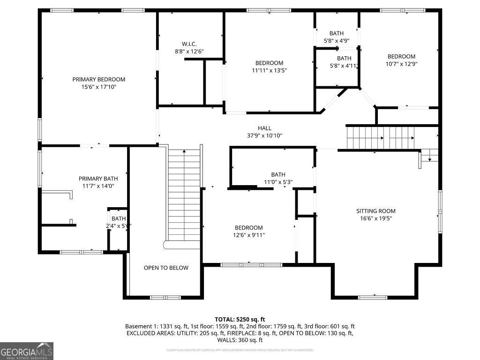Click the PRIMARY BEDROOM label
(98, 79)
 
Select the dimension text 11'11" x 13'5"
(269, 70)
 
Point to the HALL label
(264, 128)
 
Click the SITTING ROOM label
(376, 211)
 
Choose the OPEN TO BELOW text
(166, 268)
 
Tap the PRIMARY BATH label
(98, 179)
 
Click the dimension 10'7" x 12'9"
(401, 64)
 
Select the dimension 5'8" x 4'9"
(336, 41)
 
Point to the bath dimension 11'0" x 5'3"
(278, 182)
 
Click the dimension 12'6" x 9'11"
(249, 235)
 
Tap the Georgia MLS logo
(27, 351)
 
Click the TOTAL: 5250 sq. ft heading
(243, 319)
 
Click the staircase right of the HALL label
(380, 137)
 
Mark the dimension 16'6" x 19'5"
(376, 218)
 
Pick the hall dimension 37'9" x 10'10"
(264, 135)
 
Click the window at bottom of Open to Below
(165, 297)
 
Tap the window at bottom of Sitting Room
(373, 297)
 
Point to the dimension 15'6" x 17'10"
(98, 87)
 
